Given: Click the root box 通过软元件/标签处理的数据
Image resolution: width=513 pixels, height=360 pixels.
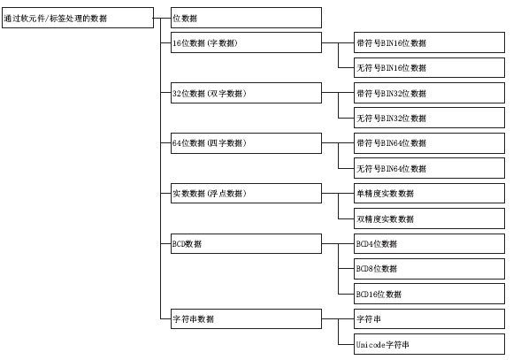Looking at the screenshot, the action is click(78, 18).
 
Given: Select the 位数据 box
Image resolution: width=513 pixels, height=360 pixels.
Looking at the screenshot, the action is click(246, 18).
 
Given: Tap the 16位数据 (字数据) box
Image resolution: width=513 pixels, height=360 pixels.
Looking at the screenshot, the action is click(246, 42).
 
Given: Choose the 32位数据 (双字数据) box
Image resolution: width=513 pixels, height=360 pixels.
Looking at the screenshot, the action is click(246, 93).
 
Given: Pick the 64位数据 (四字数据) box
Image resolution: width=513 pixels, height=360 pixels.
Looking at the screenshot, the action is click(246, 143).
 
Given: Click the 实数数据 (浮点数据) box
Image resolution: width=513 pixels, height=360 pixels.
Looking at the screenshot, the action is click(246, 194).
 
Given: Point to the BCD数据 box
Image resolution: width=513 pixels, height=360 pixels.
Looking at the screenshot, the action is click(246, 243).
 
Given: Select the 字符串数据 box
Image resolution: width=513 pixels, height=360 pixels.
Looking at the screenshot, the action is click(246, 318).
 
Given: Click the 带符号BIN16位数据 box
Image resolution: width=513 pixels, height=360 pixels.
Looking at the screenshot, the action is click(429, 42).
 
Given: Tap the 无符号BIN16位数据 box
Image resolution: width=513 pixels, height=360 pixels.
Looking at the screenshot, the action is click(429, 68).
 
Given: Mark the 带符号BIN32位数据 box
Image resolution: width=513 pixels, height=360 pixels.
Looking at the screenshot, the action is click(429, 93).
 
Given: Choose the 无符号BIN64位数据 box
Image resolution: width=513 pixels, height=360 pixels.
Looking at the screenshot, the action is click(429, 168).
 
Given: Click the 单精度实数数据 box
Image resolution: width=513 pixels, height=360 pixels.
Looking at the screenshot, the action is click(429, 194).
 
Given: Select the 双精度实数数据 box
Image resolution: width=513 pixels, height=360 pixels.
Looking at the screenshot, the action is click(429, 218).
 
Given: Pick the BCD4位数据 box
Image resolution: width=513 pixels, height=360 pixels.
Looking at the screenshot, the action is click(429, 243).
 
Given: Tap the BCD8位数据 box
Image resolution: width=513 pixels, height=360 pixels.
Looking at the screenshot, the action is click(429, 269).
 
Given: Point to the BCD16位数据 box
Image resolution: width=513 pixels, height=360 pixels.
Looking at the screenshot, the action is click(429, 294).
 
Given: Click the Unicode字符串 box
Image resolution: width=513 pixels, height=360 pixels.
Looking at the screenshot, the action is click(429, 344).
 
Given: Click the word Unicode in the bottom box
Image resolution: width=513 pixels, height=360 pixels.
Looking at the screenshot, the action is click(371, 345).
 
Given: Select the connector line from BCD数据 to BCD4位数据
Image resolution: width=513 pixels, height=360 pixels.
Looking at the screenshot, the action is click(338, 244).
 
